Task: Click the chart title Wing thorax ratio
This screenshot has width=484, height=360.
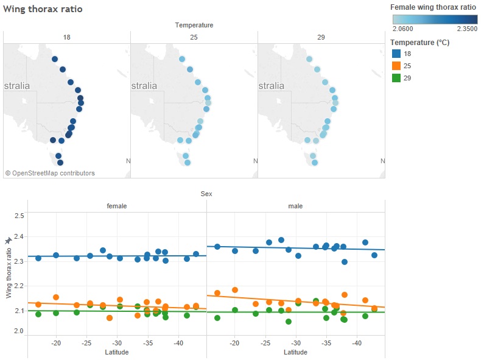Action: [x=43, y=9]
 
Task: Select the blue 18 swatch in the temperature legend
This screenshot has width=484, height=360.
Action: [x=396, y=54]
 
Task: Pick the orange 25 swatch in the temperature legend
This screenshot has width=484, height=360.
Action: [x=396, y=66]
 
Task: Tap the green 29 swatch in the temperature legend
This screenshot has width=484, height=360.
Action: [x=396, y=78]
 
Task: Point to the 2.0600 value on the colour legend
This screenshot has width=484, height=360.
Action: [x=403, y=28]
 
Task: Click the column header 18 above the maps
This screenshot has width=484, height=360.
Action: [x=66, y=37]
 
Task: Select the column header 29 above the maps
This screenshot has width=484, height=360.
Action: [x=321, y=37]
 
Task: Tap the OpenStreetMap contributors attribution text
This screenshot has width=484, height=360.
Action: [x=50, y=173]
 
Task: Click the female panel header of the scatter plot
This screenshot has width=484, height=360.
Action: [x=117, y=206]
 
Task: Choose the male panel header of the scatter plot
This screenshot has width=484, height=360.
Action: [x=295, y=206]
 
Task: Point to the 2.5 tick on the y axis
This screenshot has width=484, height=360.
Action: [x=19, y=216]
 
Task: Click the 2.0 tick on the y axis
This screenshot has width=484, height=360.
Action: [x=19, y=331]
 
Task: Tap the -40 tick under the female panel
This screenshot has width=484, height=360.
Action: [x=178, y=343]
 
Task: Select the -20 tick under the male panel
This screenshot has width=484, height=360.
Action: [x=234, y=343]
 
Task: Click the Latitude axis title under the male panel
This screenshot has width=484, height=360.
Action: [x=295, y=353]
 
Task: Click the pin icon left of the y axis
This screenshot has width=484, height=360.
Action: [x=9, y=241]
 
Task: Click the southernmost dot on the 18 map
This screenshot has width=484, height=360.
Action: [x=60, y=163]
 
